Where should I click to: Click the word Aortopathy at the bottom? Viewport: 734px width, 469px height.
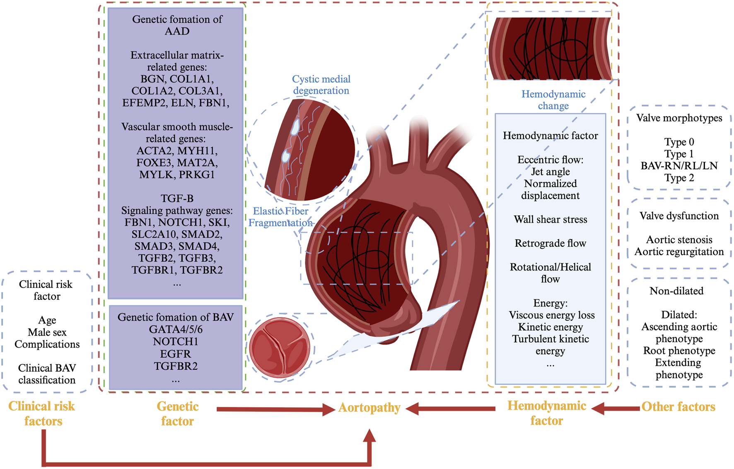tap(369, 408)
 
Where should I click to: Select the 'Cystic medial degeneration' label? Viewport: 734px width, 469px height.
tap(321, 85)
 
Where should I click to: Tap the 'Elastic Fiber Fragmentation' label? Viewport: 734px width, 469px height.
tap(280, 217)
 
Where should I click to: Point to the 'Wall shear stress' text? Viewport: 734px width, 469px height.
tap(550, 219)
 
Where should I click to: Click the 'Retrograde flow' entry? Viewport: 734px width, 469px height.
tap(550, 243)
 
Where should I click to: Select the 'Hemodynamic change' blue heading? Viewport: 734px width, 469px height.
tap(553, 100)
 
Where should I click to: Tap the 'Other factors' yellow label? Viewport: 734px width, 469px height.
tap(678, 407)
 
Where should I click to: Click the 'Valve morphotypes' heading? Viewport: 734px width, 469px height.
tap(679, 118)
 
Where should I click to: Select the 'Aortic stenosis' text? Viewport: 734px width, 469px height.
tap(679, 240)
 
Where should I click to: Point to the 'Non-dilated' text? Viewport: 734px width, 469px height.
tap(676, 291)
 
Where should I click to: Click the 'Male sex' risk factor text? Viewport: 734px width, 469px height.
tap(47, 332)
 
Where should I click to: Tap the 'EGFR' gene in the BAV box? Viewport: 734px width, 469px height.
tap(176, 354)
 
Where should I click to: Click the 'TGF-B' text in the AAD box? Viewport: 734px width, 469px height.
tap(177, 198)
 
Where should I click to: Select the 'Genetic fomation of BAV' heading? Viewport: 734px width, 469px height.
tap(176, 317)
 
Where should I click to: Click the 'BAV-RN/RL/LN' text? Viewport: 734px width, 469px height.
tap(679, 166)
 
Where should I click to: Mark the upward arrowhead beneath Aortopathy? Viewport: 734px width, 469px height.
tap(369, 436)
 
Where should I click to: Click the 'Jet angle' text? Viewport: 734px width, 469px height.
tap(550, 172)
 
